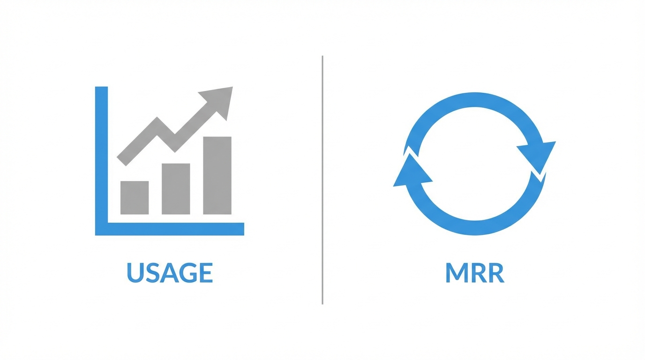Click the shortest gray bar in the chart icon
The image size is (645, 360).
[x=135, y=197]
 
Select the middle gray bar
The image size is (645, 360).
[x=176, y=188]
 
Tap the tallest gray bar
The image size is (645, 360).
[x=217, y=175]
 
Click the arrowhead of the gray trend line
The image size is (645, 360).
[x=220, y=100]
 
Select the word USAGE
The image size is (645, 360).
[x=170, y=273]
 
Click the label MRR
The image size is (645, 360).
[x=474, y=273]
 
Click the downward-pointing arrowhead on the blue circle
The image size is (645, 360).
[x=538, y=155]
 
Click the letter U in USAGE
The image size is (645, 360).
[x=135, y=273]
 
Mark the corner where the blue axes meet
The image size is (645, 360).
[x=101, y=229]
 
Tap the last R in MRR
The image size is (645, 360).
[x=496, y=273]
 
